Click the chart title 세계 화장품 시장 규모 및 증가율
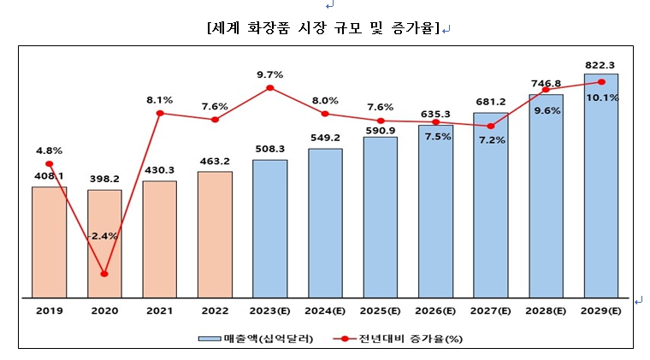click(323, 28)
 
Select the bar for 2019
click(49, 242)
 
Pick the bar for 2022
click(215, 234)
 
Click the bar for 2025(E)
click(380, 217)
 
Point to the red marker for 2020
click(104, 274)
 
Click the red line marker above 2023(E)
click(270, 87)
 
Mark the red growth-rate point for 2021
click(160, 113)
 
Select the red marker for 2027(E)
click(490, 126)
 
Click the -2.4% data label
click(103, 235)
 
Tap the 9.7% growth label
click(269, 74)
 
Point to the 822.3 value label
click(600, 64)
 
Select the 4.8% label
click(50, 150)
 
